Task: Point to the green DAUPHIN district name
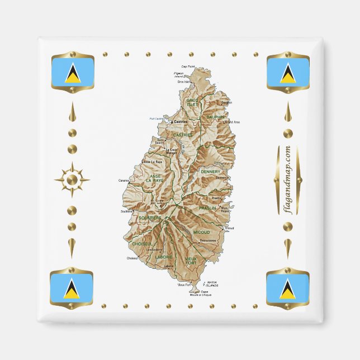coord(215,117)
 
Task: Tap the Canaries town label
coord(124,181)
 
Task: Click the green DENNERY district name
coord(211,172)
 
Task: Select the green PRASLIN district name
coord(207,208)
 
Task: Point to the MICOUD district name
coord(201,231)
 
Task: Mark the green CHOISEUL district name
coord(142,244)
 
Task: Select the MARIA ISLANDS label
coord(212,283)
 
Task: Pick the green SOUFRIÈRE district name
coord(151,217)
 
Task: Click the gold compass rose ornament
coord(72,179)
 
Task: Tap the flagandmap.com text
coord(287,179)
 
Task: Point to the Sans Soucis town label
coord(160,141)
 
